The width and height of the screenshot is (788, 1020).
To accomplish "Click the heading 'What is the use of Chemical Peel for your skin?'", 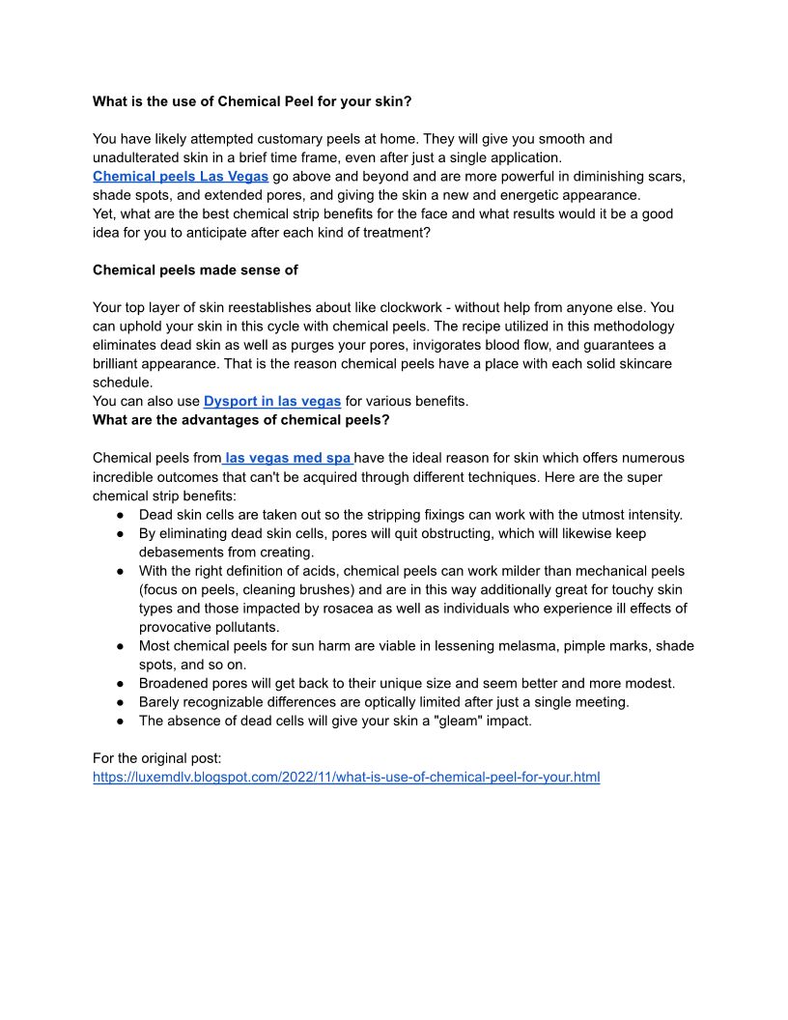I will click(x=258, y=100).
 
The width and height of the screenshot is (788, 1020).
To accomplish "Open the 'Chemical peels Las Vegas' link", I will click(x=181, y=177).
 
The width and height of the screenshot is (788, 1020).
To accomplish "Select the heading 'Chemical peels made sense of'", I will click(x=195, y=269).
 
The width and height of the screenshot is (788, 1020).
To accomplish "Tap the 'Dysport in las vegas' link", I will click(x=272, y=401).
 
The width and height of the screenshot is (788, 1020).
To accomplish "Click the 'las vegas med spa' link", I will click(x=288, y=458).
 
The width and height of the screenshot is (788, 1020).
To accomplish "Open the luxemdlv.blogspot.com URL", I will click(x=346, y=777).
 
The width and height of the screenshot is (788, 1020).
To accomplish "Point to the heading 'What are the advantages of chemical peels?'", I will click(x=240, y=419).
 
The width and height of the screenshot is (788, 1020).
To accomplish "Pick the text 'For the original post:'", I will click(x=157, y=758).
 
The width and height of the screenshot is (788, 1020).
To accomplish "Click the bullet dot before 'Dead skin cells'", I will click(x=122, y=515).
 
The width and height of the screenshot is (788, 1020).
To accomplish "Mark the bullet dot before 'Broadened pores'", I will click(x=122, y=684).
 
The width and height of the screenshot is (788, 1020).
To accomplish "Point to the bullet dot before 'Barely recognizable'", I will click(x=122, y=702).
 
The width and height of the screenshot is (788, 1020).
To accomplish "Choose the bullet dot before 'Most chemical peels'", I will click(x=122, y=646).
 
